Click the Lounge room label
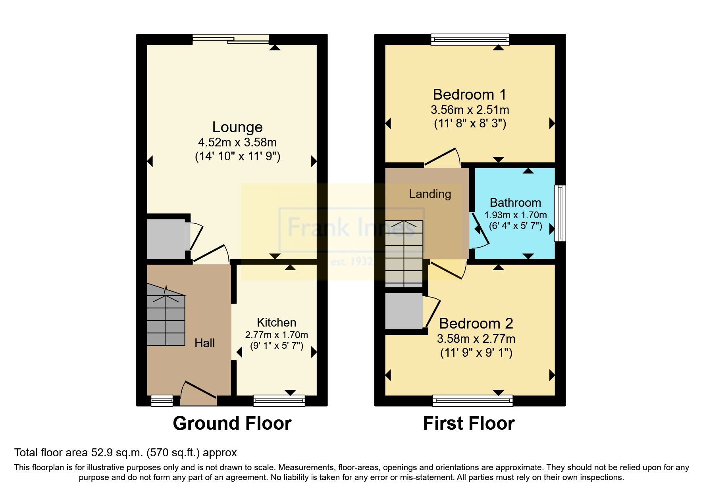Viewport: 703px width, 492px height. point(237,127)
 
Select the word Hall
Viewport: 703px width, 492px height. point(204,343)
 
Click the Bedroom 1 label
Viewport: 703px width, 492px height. point(470,95)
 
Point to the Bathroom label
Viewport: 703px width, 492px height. point(515,203)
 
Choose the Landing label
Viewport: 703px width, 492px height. point(430,194)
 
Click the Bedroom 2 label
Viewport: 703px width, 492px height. point(476,324)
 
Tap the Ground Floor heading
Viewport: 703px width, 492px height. point(232,423)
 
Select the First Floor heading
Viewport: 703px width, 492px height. point(469,423)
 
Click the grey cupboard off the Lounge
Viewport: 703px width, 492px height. point(167,239)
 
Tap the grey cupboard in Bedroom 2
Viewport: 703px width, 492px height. point(404,311)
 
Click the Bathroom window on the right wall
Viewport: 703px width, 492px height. point(560,213)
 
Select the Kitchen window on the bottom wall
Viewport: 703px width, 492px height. point(279,401)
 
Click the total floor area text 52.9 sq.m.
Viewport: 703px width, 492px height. point(125,453)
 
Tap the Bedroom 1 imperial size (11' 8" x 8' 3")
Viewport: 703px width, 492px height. point(470,123)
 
